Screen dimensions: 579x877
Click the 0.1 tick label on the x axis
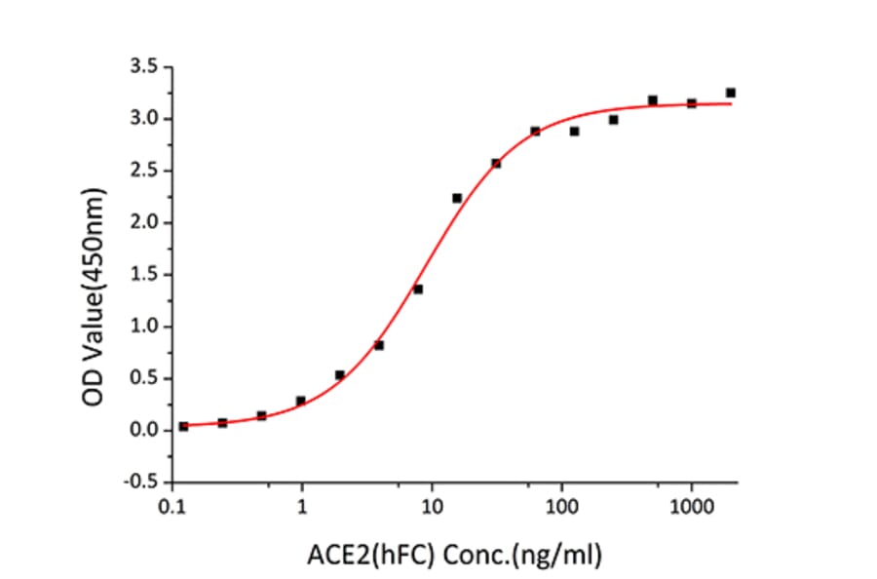pos(173,507)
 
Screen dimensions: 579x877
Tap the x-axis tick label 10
pos(433,507)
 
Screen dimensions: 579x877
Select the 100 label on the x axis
pos(561,507)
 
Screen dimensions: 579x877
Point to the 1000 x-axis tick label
pos(691,507)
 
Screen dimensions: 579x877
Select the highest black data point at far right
pos(730,93)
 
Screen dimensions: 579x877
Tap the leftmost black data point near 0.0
pos(183,427)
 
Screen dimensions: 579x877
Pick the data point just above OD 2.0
pos(457,198)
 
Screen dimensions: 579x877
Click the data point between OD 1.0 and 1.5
pos(418,289)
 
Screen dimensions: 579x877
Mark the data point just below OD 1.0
pos(379,345)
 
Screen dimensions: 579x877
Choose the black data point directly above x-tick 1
pos(301,401)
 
